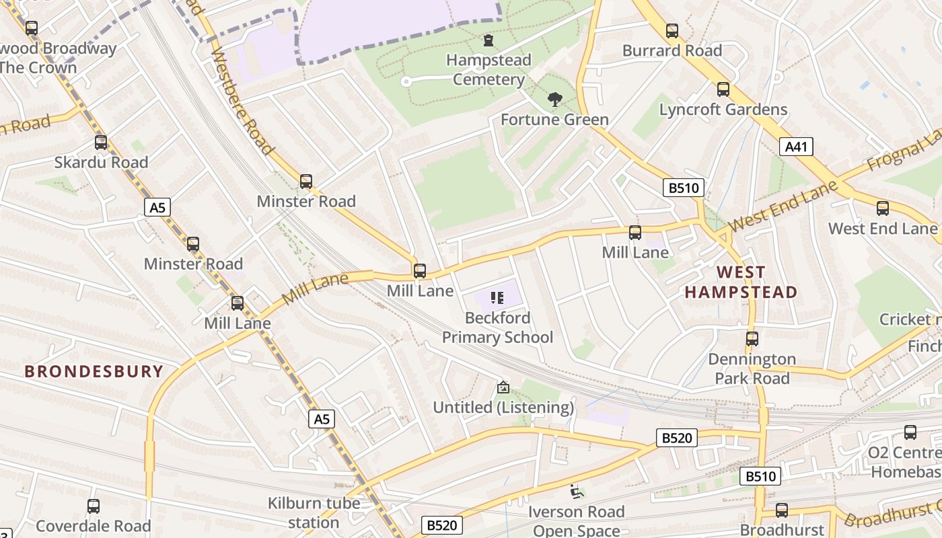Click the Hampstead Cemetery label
point(488,70)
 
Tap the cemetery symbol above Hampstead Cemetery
point(488,40)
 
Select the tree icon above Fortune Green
point(554,100)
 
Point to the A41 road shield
point(796,147)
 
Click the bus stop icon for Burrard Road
point(672,31)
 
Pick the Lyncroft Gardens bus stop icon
point(723,89)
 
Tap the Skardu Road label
point(101,162)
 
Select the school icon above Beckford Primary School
point(497,298)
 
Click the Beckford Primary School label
point(497,328)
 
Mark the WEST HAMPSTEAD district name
point(741,282)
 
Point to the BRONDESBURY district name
point(94,371)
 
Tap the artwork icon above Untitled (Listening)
point(503,387)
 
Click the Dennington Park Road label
point(752,369)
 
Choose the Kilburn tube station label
point(314,512)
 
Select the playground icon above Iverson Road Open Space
point(575,492)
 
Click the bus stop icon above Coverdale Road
point(94,506)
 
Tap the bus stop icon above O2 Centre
point(910,432)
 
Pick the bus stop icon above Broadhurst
point(781,510)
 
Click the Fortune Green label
point(554,120)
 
